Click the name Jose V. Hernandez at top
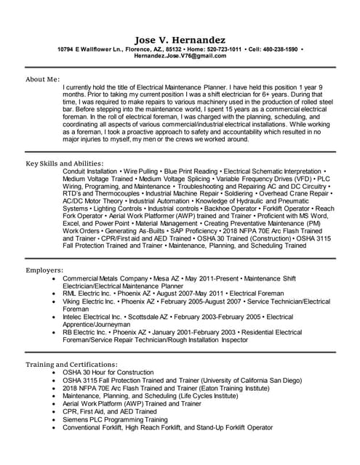tap(180, 39)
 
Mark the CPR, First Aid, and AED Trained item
tap(111, 411)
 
